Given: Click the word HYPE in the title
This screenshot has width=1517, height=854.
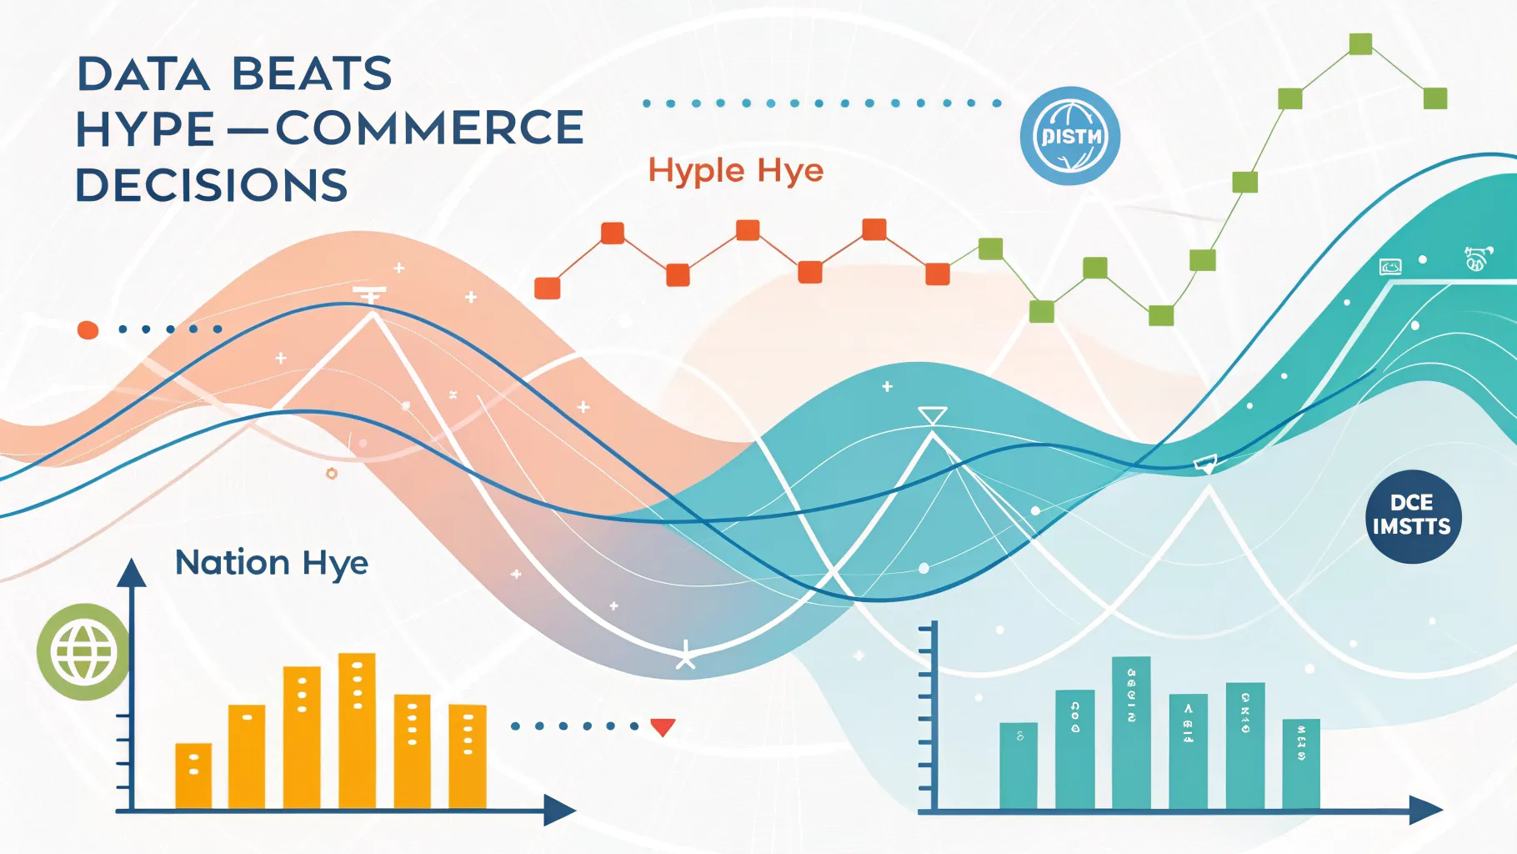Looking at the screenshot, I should coord(145,130).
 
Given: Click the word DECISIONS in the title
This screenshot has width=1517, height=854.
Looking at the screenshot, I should coord(212,185).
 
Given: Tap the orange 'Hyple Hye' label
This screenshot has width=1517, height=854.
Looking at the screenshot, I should coord(735,171).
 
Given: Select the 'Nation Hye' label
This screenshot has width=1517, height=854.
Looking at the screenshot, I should coord(272,563).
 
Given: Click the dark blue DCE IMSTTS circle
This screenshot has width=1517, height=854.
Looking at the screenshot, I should coord(1413,515).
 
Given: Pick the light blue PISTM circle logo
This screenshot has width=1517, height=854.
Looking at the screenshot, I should coord(1070,136).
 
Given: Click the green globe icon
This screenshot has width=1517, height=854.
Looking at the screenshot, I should coord(83,652).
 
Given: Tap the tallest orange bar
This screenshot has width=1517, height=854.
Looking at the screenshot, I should coord(357,730).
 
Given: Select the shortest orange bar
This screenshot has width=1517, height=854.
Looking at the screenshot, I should coord(193,776).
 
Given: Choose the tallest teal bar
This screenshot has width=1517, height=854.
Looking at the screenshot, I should coord(1131,732).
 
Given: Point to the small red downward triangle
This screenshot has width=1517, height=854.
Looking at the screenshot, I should coord(663,727).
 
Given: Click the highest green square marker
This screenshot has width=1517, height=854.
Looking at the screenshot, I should coord(1360,43).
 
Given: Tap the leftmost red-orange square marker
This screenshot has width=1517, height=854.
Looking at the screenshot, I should coord(547,288).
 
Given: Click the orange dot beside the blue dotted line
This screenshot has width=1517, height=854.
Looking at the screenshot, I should coord(88,330).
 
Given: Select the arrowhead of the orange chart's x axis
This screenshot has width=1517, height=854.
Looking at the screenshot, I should coord(560,810).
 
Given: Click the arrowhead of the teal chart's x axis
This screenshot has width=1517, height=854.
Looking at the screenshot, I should coord(1426,810).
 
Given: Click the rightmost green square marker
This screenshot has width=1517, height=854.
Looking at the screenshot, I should coord(1435,98).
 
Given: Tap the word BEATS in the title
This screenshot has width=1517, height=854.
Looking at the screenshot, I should coord(312,74).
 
